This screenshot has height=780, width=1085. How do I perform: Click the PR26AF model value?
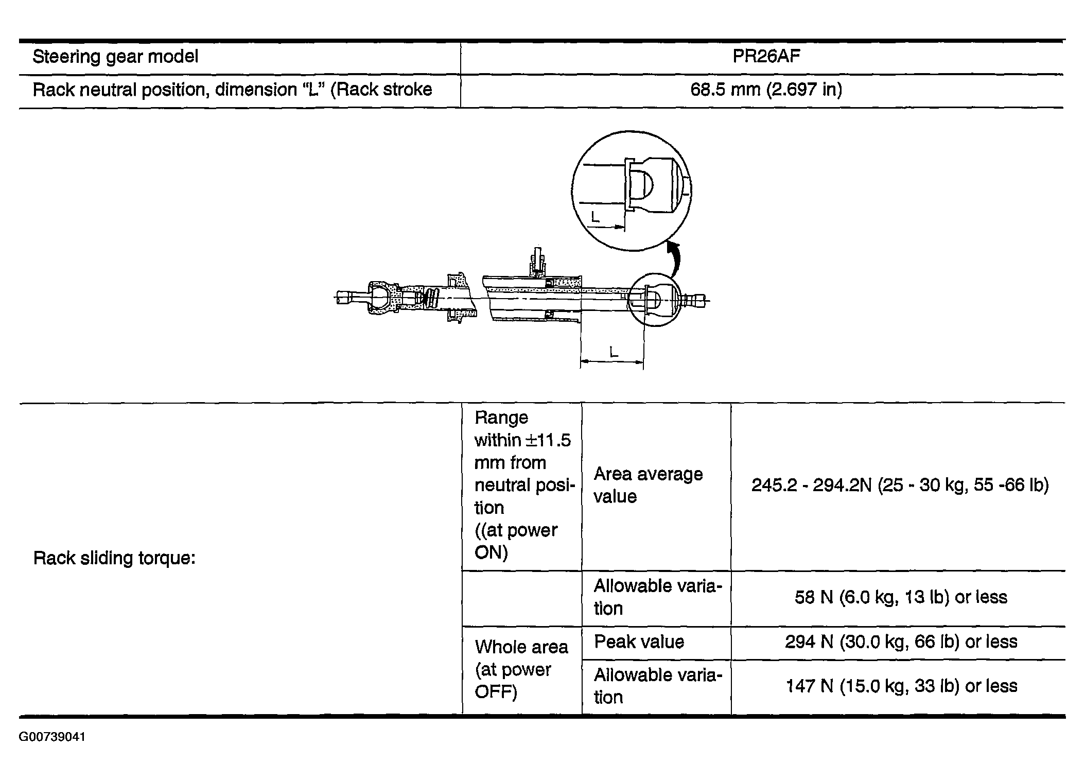point(766,57)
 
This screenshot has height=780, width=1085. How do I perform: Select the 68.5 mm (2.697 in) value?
point(766,90)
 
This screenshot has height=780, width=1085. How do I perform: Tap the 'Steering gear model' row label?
point(115,57)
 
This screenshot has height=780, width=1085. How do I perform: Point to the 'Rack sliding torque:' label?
point(114,558)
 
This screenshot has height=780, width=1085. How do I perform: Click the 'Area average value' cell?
point(648,485)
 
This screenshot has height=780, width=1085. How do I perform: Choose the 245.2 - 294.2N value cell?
point(900,486)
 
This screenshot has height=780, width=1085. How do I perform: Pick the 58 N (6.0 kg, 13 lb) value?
point(900,597)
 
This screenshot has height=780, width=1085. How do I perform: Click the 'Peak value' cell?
point(639,642)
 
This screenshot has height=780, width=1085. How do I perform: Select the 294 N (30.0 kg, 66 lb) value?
point(901,642)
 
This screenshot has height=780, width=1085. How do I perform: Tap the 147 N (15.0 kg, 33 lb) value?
point(901,686)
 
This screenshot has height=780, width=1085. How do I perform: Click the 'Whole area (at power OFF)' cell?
point(521,669)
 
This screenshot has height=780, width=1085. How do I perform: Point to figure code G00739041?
point(52,737)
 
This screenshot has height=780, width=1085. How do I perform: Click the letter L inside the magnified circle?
point(596,217)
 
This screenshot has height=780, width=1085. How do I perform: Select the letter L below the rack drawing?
point(613,353)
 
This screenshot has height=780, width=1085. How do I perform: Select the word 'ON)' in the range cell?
point(491,553)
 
